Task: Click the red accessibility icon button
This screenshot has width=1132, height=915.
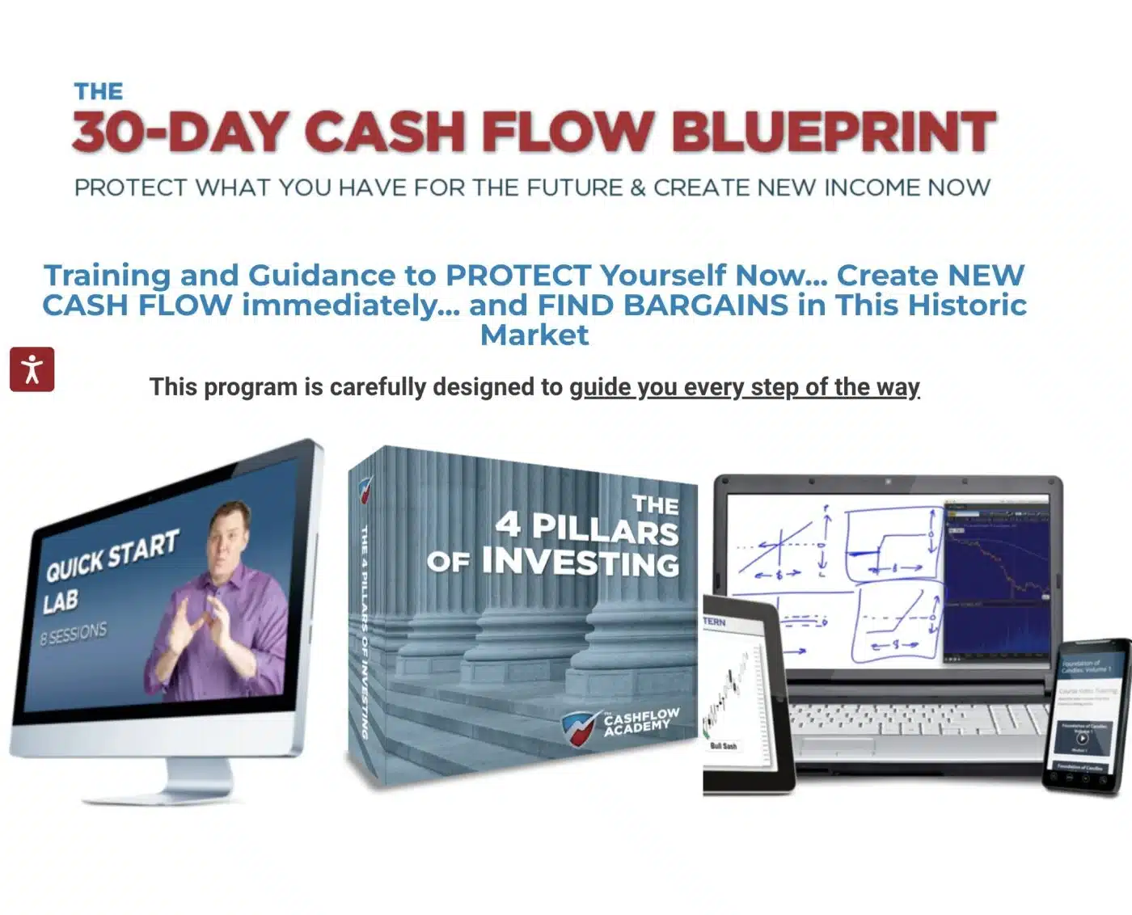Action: (x=32, y=369)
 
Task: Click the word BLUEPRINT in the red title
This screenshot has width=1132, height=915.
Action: (x=834, y=132)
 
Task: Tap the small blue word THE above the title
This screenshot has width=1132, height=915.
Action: (x=99, y=91)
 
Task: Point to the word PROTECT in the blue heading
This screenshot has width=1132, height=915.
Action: (x=517, y=275)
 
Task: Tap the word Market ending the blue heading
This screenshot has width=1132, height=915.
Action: (x=534, y=335)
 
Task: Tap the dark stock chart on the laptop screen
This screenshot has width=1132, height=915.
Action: (x=996, y=582)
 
